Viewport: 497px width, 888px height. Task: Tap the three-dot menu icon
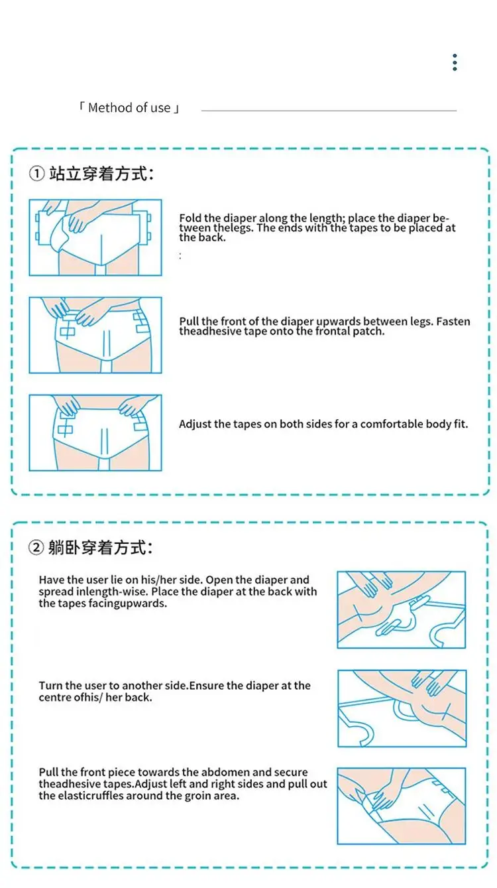[x=455, y=62]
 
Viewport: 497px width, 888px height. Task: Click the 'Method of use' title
[x=129, y=108]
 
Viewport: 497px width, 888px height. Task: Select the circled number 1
[x=36, y=174]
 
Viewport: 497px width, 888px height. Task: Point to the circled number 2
[x=36, y=548]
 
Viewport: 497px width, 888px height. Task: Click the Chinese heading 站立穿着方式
[x=101, y=174]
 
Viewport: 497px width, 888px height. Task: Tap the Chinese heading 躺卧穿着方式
[x=100, y=548]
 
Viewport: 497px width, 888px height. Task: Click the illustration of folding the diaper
[x=95, y=237]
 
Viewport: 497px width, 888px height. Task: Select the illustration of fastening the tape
[x=95, y=335]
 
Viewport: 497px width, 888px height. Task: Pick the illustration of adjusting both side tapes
[x=95, y=432]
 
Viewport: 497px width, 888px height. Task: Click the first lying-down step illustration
[x=401, y=609]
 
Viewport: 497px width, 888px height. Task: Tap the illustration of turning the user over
[x=402, y=708]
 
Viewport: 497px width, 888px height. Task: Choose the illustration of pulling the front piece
[x=401, y=806]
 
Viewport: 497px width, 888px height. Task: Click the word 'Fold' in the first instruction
[x=190, y=218]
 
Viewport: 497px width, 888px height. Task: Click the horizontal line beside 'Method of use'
[x=329, y=110]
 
